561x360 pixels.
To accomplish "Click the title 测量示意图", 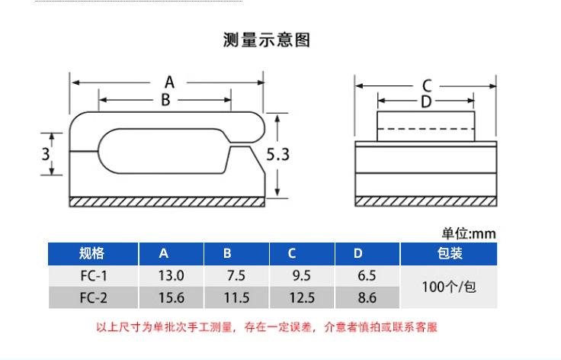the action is (266, 40).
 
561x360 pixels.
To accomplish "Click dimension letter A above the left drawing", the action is (170, 82).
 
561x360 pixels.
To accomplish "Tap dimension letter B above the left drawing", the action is (165, 99).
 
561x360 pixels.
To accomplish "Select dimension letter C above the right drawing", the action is (427, 85).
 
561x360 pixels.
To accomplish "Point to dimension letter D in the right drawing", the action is (426, 101).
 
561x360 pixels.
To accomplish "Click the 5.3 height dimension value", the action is (278, 154).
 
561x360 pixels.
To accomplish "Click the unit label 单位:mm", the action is (469, 233).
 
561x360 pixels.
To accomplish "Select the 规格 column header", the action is (92, 254).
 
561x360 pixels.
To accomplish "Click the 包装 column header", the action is (450, 254).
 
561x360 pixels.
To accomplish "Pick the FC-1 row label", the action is (92, 276).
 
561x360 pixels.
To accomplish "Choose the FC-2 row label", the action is (92, 297).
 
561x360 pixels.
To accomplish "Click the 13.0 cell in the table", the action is (171, 276).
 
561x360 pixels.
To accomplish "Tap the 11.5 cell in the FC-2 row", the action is (236, 297).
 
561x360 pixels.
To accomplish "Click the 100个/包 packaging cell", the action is (450, 287).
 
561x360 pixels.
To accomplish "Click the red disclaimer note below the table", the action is (267, 328).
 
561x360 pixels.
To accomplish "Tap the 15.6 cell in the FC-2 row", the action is (171, 297).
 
